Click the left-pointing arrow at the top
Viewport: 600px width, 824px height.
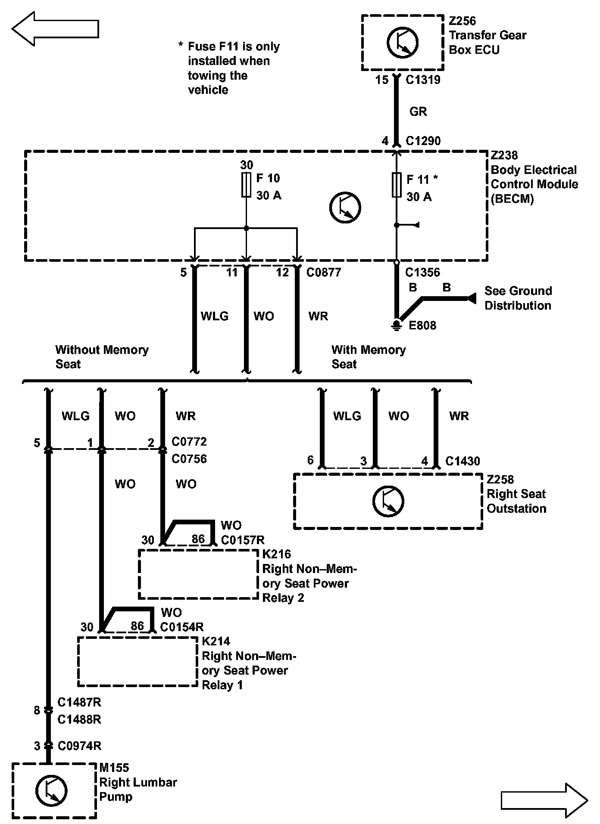[55, 29]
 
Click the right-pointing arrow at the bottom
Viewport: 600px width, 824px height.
[544, 800]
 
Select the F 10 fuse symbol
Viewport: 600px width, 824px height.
[246, 185]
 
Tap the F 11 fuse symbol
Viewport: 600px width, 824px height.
[397, 185]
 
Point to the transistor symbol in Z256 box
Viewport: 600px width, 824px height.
[403, 42]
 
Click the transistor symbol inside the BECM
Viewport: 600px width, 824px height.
[345, 208]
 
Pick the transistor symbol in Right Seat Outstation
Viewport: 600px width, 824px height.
[388, 502]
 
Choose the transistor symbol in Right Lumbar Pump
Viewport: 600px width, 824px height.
[51, 791]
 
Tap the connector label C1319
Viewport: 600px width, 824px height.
[423, 80]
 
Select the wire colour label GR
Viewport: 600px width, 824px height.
[418, 112]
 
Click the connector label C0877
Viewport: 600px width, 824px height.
[323, 273]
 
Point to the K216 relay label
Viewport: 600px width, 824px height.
[276, 554]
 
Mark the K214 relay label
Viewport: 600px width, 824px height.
[216, 641]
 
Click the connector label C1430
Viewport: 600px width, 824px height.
[462, 462]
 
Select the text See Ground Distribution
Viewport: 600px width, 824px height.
[518, 298]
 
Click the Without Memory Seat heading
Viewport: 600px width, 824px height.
[102, 357]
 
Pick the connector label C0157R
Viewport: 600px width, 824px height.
[243, 540]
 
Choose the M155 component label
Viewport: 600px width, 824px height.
[114, 768]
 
